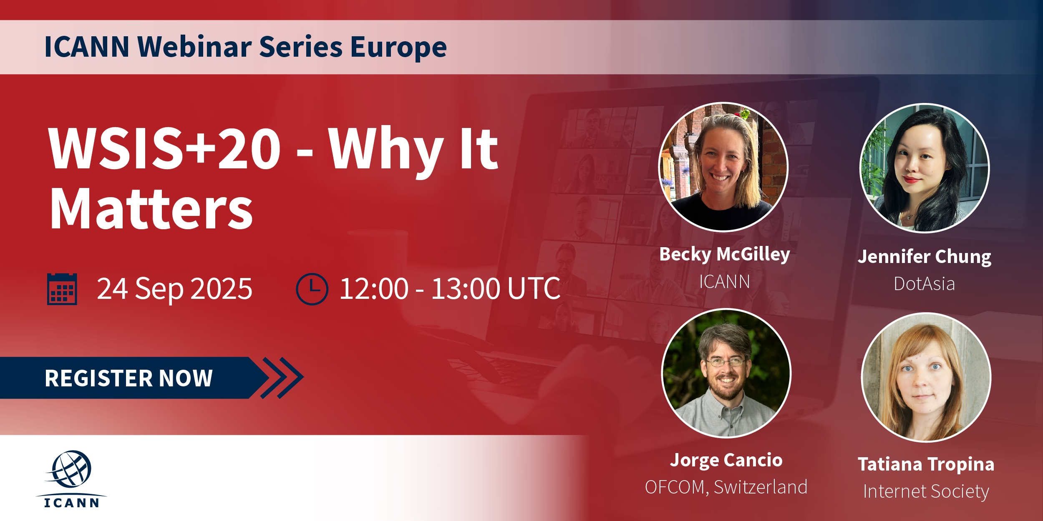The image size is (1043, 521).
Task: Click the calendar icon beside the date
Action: point(62,289)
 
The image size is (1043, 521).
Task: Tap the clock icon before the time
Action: point(312,289)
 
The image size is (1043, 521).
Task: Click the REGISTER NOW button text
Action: point(129,378)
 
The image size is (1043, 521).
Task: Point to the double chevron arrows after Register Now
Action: point(282,378)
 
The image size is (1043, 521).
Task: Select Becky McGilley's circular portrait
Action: point(723,167)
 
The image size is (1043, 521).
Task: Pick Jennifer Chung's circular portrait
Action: point(925,168)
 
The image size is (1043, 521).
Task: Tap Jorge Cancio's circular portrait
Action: point(726,373)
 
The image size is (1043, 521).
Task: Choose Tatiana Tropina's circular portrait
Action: point(926,377)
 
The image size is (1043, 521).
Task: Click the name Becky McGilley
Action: point(725,254)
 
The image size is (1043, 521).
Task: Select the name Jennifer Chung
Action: point(925,257)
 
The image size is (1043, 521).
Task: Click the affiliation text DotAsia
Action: point(925,284)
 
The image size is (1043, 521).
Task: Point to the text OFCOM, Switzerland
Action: point(726,487)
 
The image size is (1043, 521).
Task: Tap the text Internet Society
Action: point(926,491)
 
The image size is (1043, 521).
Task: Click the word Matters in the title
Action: point(151,208)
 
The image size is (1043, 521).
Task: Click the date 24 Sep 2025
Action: point(174,289)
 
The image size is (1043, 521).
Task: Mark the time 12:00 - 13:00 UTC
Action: point(450,288)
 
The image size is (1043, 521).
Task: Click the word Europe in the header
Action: point(399,47)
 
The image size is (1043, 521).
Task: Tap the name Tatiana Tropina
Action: point(926,464)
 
